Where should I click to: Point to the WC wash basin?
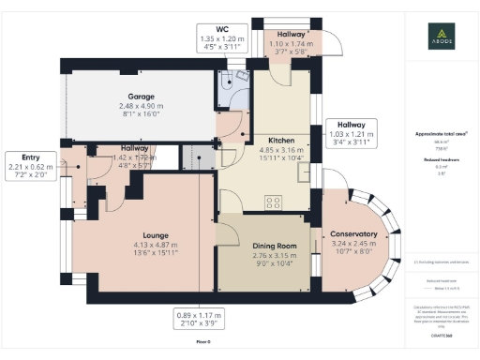pyautogui.click(x=241, y=75)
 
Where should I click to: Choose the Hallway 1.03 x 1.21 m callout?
pyautogui.click(x=351, y=134)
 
